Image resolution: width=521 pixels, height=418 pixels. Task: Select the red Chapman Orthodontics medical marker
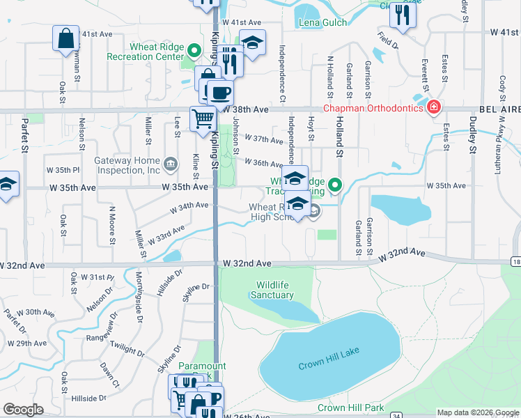click(x=433, y=107)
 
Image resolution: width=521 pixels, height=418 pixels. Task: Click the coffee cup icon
click(x=221, y=92)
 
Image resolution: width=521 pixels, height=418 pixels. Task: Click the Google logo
click(x=23, y=410)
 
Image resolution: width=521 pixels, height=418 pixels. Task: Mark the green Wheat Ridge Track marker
click(x=335, y=185)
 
